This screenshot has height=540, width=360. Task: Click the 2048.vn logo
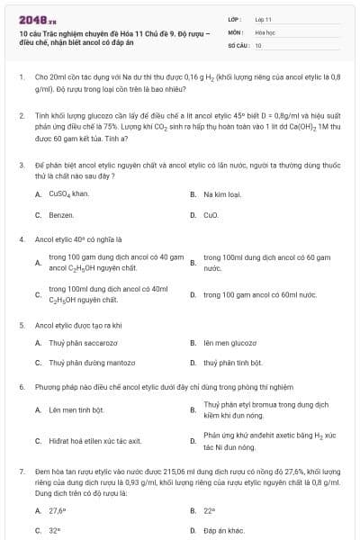[x=32, y=19]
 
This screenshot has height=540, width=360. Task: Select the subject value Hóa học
[x=265, y=31]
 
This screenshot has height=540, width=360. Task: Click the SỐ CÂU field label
[x=237, y=44]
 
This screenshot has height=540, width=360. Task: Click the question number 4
[x=21, y=240]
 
